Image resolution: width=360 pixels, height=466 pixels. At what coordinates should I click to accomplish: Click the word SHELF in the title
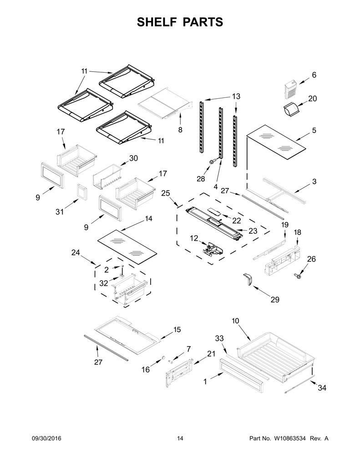tap(157, 22)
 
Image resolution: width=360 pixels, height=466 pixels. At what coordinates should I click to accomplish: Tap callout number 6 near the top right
tap(314, 75)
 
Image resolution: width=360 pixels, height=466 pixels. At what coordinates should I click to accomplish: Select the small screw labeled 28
tap(212, 162)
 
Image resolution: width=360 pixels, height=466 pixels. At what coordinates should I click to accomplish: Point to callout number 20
tap(312, 98)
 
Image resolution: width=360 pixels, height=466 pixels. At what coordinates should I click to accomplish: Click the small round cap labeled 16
tap(163, 357)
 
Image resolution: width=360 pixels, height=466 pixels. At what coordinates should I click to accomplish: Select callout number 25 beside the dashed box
tap(166, 193)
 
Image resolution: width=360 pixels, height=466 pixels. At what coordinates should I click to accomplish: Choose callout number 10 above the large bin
tap(235, 321)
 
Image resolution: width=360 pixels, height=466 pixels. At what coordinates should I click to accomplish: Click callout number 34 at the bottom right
tap(322, 388)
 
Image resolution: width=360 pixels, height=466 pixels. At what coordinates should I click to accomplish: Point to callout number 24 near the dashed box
tap(76, 253)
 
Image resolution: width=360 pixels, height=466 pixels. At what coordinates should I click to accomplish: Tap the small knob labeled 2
tap(122, 266)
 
